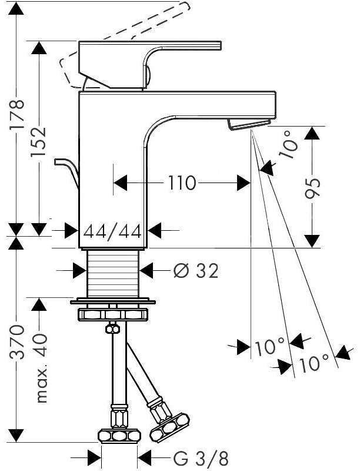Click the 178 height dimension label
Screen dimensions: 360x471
click(x=16, y=114)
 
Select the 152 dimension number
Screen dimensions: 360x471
click(x=38, y=141)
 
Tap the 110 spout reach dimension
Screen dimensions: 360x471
click(x=182, y=183)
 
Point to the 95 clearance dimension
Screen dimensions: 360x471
click(x=312, y=189)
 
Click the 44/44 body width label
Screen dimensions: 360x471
click(x=112, y=231)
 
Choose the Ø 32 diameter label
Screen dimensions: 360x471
click(x=196, y=271)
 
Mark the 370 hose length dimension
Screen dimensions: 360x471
click(x=17, y=342)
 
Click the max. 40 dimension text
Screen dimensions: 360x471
click(x=41, y=367)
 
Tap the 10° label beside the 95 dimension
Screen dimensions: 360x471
click(x=289, y=144)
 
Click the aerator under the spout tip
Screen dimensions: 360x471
click(x=249, y=124)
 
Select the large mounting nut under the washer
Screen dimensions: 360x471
click(x=113, y=314)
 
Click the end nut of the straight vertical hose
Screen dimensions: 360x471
click(x=119, y=436)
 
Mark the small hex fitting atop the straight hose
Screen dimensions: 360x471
click(x=112, y=329)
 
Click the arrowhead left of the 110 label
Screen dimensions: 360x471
click(x=121, y=183)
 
